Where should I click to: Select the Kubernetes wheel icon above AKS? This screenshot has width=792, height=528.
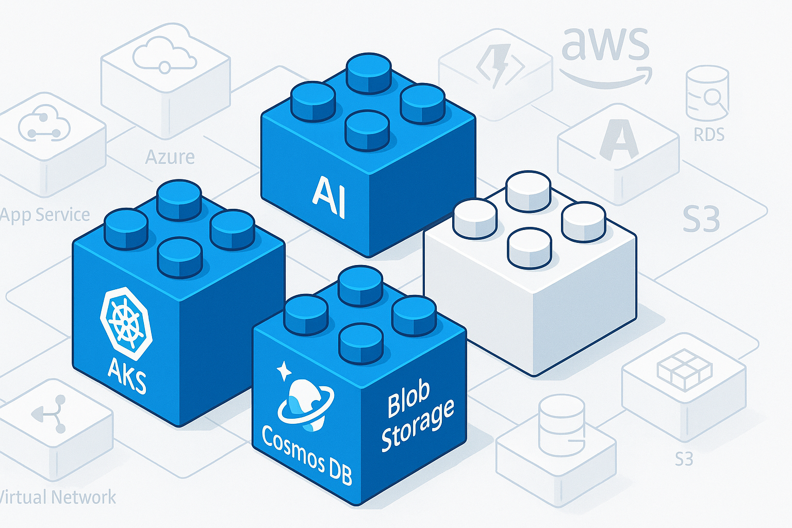click(126, 323)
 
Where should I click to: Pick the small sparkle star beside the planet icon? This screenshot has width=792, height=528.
click(283, 370)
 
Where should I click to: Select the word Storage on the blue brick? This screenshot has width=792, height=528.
click(418, 425)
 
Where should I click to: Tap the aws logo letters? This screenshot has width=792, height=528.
click(604, 44)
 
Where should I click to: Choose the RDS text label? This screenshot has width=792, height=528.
click(709, 135)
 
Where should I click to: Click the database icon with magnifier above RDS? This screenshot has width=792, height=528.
click(707, 93)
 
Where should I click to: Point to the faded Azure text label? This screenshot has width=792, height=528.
click(170, 157)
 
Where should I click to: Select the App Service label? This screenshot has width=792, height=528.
click(45, 214)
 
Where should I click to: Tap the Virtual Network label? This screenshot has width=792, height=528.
click(58, 497)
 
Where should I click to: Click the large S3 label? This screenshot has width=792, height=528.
click(701, 219)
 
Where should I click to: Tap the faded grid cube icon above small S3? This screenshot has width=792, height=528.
click(684, 369)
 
